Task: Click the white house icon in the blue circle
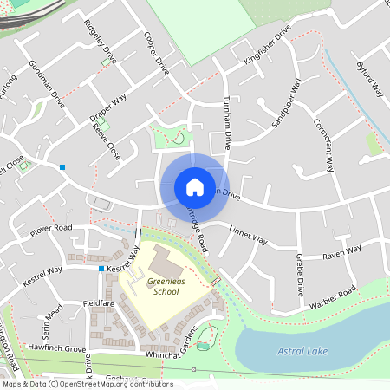[194, 186]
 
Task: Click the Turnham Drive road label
[228, 122]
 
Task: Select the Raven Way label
[341, 252]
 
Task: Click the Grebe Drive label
[299, 276]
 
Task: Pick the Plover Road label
[50, 228]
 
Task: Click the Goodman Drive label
[47, 83]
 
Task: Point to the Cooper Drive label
[156, 54]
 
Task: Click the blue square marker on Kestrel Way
[101, 269]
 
